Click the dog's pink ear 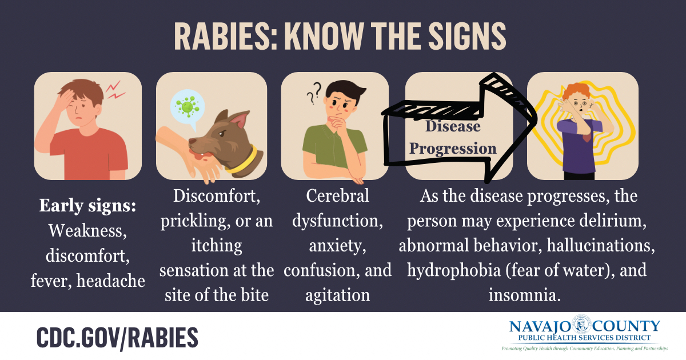[x=237, y=120]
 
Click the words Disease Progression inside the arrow [x=453, y=137]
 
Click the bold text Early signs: [x=87, y=206]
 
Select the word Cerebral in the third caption [x=337, y=196]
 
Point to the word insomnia [x=524, y=295]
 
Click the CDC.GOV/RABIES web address [x=118, y=338]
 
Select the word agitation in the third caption [x=337, y=295]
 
